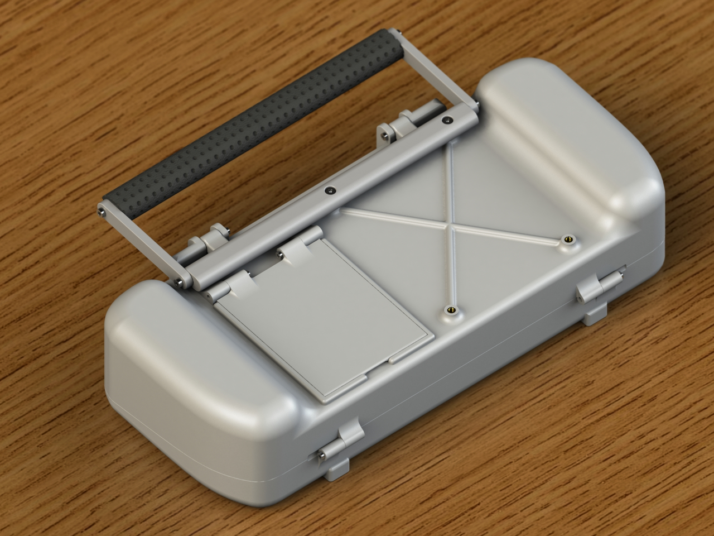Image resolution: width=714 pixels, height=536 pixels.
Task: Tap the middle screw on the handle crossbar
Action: (330, 190)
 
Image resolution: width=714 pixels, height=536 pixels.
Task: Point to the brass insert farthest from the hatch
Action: (568, 239)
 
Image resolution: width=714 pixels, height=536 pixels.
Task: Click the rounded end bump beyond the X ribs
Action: (569, 128)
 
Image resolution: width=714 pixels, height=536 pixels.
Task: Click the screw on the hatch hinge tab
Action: (279, 254)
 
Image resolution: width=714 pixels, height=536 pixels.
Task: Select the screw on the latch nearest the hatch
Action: (323, 455)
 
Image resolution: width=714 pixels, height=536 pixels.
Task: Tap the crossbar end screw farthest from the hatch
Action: (446, 120)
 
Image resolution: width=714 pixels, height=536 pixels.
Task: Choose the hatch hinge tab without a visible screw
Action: (234, 285)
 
